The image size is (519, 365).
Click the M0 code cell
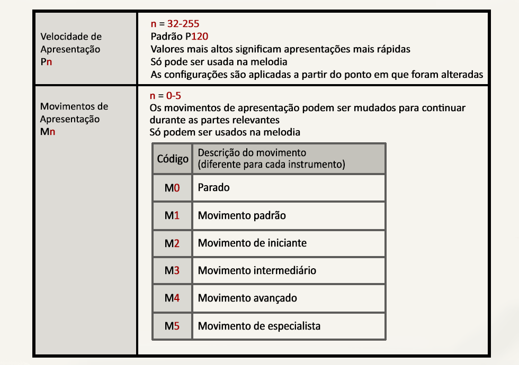[x=172, y=188]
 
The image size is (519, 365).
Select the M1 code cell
[x=172, y=215]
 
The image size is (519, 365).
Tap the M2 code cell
[x=172, y=243]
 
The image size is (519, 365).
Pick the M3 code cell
[x=172, y=270]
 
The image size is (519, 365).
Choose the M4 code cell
[x=172, y=298]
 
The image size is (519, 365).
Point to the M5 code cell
[x=172, y=326]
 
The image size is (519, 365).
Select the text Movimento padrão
[x=242, y=215]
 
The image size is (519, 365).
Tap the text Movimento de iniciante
[x=252, y=243]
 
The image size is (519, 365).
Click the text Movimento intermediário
[x=257, y=270]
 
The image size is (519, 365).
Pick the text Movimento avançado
[x=247, y=298]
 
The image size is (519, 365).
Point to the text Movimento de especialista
[x=259, y=326]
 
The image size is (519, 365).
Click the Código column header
[x=173, y=159]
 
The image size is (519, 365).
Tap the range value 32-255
[x=183, y=24]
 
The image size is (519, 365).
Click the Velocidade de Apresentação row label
[x=70, y=49]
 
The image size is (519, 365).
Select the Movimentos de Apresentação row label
[x=74, y=119]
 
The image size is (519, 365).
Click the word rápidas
[x=392, y=49]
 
